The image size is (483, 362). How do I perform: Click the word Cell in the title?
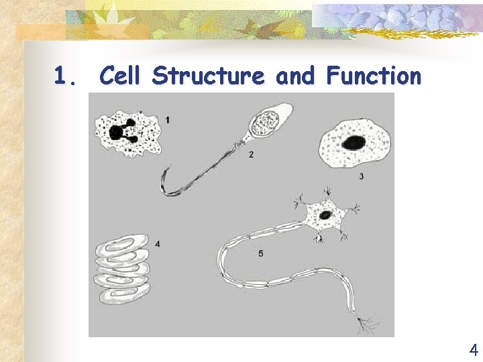point(122,76)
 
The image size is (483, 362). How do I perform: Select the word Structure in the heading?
point(208,76)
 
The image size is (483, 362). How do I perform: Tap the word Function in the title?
point(374,76)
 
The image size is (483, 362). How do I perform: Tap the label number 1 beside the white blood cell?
point(167,119)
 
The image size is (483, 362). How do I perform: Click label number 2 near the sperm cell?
point(250,155)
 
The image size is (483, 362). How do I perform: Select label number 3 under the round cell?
point(362,176)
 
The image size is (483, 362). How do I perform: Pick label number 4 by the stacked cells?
point(157,244)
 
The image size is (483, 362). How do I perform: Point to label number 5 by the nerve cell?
point(260,253)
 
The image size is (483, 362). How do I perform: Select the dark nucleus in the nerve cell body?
point(325,215)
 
